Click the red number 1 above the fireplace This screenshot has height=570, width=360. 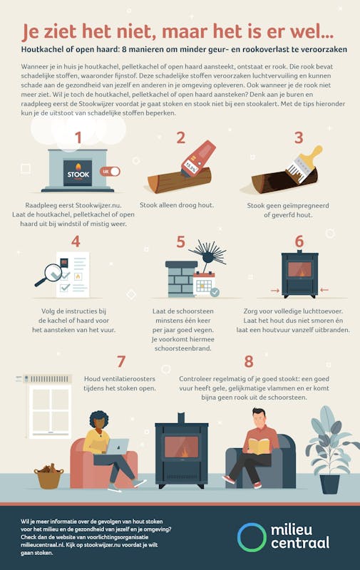click(78, 138)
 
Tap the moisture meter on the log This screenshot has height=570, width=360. click(199, 159)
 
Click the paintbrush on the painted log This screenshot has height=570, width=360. click(304, 164)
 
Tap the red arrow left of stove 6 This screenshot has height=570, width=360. click(275, 291)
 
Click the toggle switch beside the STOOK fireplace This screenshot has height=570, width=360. click(110, 172)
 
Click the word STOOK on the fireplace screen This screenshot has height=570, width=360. click(78, 175)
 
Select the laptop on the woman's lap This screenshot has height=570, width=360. click(117, 446)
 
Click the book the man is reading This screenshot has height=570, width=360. click(259, 446)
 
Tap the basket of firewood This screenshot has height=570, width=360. click(48, 476)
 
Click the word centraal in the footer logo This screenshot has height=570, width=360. click(300, 543)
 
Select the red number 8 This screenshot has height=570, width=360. click(249, 362)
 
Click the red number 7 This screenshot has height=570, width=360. click(121, 362)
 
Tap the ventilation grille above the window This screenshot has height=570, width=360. click(48, 379)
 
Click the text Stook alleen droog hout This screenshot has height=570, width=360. click(177, 205)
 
